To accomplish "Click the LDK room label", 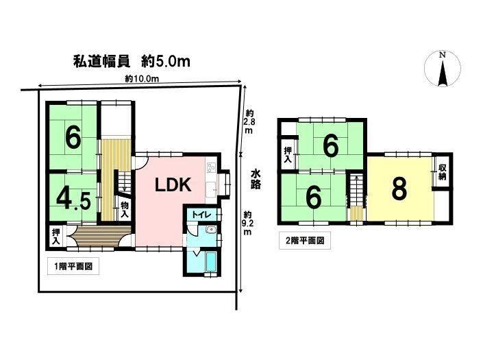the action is [173, 185].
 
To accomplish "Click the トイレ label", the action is [201, 215].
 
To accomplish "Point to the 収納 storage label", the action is [443, 172].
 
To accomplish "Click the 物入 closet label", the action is [125, 210].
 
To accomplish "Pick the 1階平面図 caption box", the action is [73, 266].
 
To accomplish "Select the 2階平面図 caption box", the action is [305, 241].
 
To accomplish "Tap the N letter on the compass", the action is [443, 55].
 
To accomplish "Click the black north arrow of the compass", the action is [443, 73].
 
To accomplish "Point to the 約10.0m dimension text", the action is [142, 79].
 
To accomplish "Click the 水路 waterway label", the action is [256, 178].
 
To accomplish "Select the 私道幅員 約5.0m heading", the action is [132, 61].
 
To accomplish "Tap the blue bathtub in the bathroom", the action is [211, 262].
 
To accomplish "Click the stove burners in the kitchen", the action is [211, 167].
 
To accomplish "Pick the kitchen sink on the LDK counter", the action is [211, 189].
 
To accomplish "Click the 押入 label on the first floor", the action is [55, 237].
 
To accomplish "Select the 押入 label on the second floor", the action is [288, 155].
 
